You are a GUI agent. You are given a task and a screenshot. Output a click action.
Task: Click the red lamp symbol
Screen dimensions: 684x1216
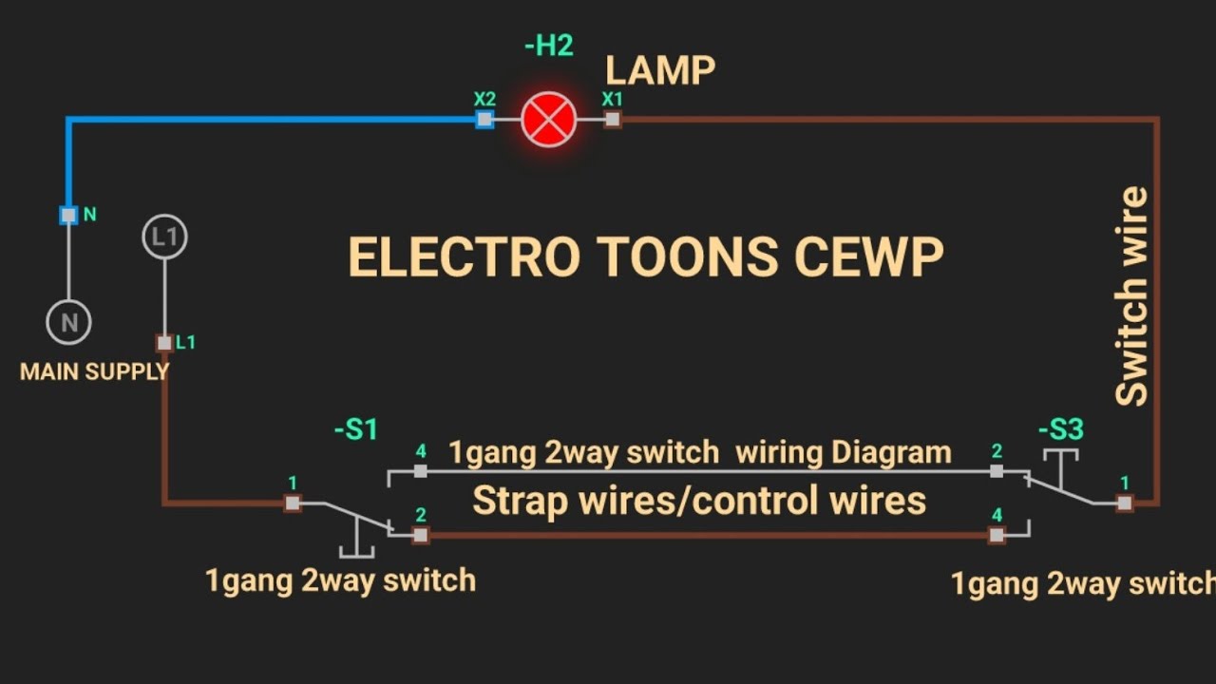click(549, 120)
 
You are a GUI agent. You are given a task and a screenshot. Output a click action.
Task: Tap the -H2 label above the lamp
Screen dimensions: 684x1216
click(548, 46)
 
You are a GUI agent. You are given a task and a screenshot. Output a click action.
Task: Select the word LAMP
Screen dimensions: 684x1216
click(660, 70)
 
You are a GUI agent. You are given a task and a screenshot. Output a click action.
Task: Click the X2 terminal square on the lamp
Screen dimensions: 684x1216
click(484, 120)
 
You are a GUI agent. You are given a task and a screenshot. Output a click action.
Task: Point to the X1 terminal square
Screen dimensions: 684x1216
click(613, 120)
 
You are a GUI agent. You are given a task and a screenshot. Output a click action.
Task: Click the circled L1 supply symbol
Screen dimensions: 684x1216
click(164, 237)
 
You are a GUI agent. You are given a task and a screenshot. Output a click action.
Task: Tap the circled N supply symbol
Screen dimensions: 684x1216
click(69, 323)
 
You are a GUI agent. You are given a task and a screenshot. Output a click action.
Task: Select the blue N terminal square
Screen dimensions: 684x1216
click(68, 215)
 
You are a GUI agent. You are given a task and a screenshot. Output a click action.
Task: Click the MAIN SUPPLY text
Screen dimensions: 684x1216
click(94, 371)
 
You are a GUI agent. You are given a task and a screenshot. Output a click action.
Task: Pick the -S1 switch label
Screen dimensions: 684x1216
click(356, 430)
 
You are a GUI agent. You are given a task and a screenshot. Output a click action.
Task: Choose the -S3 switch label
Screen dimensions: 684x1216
click(1060, 430)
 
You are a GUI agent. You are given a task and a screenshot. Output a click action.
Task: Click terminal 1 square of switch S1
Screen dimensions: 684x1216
click(293, 503)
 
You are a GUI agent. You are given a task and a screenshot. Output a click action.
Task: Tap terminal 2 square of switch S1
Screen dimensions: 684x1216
click(421, 535)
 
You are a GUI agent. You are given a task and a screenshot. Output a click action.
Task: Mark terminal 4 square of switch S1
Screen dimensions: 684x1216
click(421, 471)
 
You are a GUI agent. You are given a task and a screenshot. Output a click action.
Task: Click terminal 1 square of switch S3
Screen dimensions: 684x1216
click(1125, 503)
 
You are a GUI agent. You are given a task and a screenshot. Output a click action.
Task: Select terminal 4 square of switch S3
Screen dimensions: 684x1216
click(997, 535)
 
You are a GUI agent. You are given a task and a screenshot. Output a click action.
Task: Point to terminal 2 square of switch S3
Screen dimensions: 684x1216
click(997, 471)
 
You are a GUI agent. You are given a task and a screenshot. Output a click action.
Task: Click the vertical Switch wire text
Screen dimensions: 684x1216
click(1131, 296)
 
